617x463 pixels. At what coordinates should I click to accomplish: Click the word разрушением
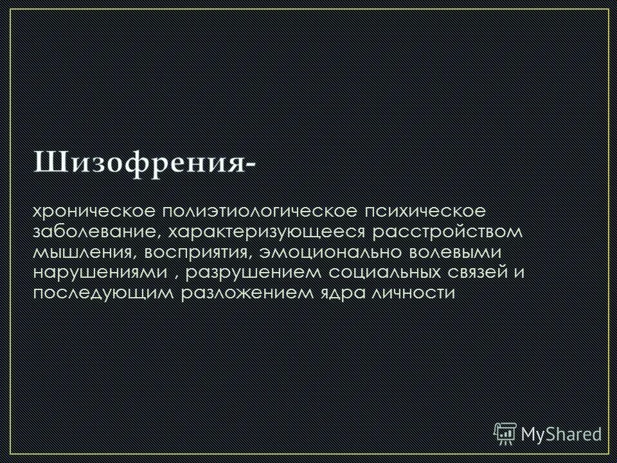click(244, 272)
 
